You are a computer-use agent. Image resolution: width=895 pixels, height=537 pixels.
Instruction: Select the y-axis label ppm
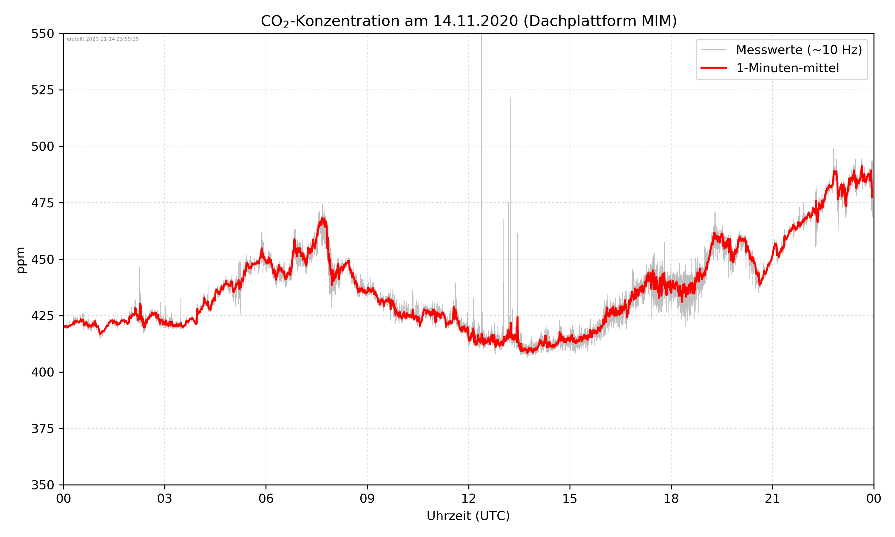pyautogui.click(x=21, y=260)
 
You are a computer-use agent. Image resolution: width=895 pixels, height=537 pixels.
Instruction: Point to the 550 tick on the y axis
pyautogui.click(x=42, y=34)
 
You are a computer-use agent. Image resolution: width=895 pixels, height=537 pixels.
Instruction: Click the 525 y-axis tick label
pyautogui.click(x=42, y=90)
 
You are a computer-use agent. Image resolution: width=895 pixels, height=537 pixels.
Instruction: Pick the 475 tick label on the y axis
pyautogui.click(x=42, y=203)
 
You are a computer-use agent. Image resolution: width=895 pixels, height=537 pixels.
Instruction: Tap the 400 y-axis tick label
pyautogui.click(x=42, y=372)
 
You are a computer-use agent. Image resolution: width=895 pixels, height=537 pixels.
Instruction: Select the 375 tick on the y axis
pyautogui.click(x=42, y=429)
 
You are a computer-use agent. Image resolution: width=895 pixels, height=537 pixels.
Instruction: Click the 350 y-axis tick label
pyautogui.click(x=42, y=485)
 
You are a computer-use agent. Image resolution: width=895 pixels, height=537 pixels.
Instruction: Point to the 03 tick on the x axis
pyautogui.click(x=165, y=499)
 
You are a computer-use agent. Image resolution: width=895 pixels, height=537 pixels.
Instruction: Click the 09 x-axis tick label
pyautogui.click(x=367, y=499)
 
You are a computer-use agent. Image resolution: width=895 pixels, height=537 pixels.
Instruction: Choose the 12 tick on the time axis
pyautogui.click(x=468, y=499)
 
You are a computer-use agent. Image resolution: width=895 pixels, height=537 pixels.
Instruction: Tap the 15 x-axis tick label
pyautogui.click(x=570, y=499)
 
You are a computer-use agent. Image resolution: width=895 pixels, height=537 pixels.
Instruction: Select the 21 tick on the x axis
pyautogui.click(x=772, y=499)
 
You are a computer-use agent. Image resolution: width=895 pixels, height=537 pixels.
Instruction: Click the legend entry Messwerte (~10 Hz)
pyautogui.click(x=799, y=50)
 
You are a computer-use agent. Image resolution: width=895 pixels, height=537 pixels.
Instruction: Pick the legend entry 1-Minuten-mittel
pyautogui.click(x=787, y=68)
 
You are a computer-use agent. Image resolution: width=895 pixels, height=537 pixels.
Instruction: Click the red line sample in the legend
pyautogui.click(x=713, y=68)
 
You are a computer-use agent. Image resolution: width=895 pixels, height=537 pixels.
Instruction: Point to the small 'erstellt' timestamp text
pyautogui.click(x=103, y=39)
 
